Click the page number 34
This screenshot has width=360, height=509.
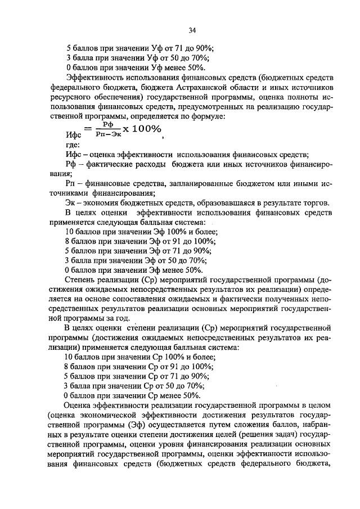point(193,30)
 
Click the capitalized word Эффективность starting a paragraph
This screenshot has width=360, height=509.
point(97,78)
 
